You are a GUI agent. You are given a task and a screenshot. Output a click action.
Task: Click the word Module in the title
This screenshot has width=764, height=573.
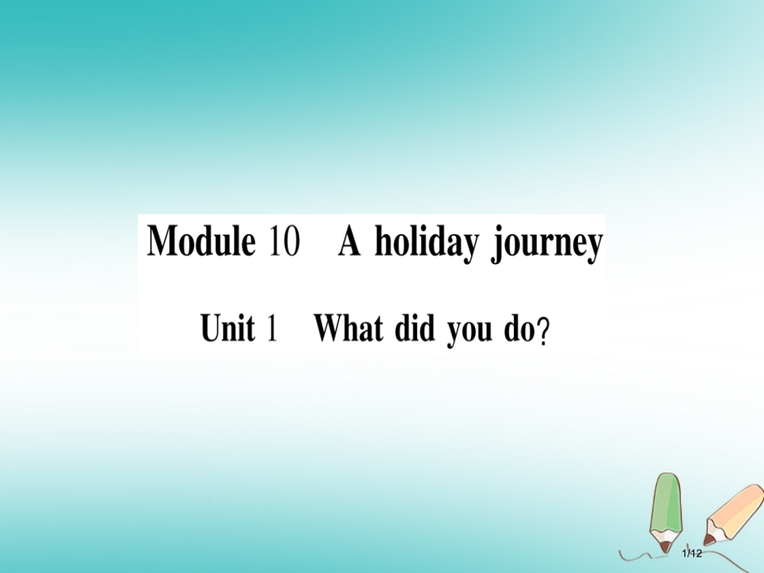point(199,242)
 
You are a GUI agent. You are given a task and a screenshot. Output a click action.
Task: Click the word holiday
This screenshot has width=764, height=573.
point(426,243)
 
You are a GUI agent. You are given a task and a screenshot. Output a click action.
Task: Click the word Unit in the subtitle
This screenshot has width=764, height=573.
point(227,328)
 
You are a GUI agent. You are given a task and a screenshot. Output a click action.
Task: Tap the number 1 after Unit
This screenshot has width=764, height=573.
point(271,329)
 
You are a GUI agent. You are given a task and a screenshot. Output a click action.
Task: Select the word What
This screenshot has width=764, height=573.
point(348,328)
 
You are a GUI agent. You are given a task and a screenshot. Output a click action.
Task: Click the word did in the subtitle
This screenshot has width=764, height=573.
point(414,328)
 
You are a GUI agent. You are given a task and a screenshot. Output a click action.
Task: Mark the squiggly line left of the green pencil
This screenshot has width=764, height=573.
point(635,554)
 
